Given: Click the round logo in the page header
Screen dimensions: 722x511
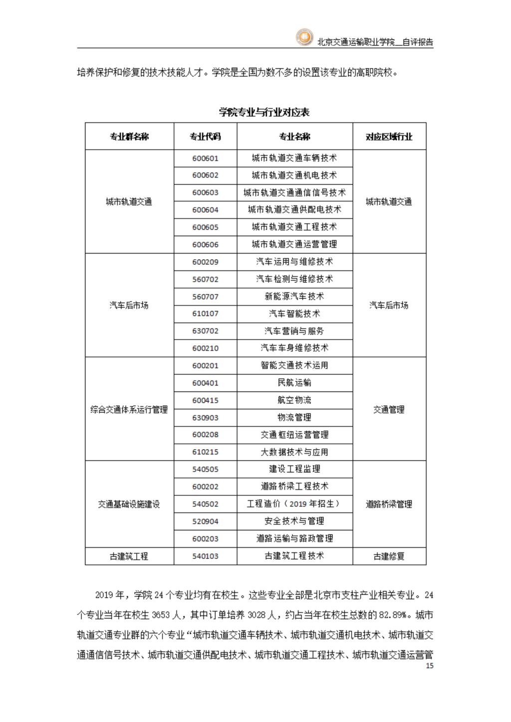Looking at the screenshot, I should (x=303, y=38).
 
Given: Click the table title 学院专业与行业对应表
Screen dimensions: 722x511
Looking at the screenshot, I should (x=264, y=112).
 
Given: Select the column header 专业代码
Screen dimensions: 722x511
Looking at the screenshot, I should (x=205, y=137).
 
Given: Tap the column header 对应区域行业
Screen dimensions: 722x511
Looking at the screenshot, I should (x=389, y=137).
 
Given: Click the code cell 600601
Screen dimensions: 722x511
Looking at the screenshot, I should (x=205, y=159).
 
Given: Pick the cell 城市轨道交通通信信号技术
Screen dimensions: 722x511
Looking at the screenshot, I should (x=294, y=192).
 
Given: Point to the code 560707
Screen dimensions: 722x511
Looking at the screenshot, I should (x=205, y=297).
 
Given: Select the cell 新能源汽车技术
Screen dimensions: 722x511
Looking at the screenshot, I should (x=294, y=297).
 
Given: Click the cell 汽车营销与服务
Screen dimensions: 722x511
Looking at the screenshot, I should (x=294, y=331).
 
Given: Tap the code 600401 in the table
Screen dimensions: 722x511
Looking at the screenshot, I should (x=205, y=383).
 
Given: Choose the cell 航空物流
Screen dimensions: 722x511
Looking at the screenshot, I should (x=294, y=400).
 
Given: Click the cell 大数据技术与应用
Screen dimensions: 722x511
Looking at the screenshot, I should (x=294, y=452).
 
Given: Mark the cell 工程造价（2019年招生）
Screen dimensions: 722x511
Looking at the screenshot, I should (x=294, y=504).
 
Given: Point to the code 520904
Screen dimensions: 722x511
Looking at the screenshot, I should (x=205, y=522).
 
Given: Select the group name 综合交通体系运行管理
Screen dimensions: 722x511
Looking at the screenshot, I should (x=129, y=410).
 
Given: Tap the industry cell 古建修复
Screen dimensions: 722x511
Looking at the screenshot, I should (x=389, y=556).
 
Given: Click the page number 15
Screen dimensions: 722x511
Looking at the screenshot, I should (x=430, y=666).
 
